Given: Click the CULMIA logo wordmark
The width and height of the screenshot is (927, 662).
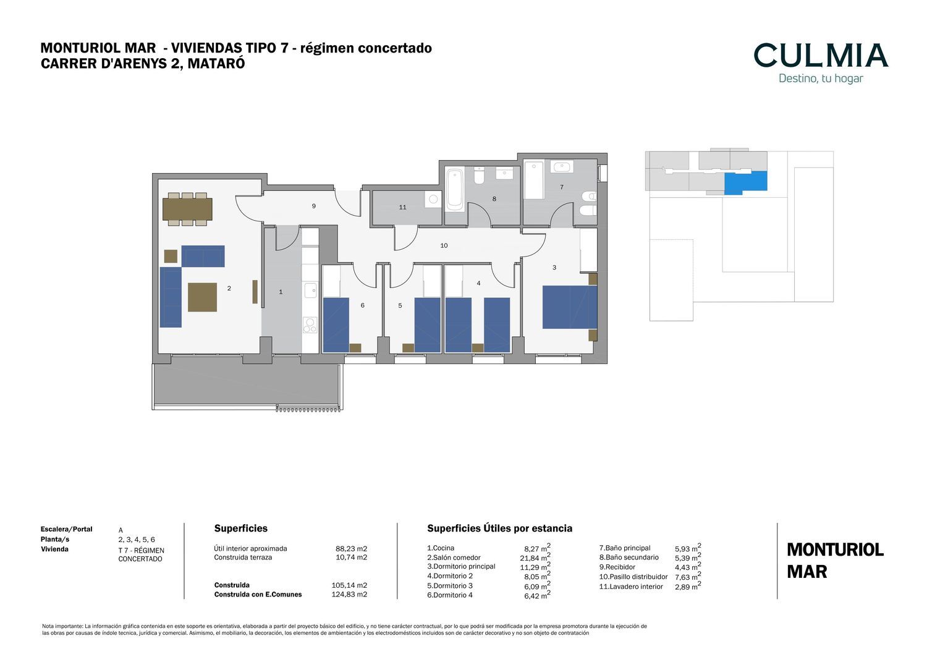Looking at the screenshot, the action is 821,55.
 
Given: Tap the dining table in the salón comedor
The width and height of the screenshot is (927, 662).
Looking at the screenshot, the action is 187,209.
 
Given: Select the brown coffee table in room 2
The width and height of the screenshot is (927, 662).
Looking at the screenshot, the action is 202,297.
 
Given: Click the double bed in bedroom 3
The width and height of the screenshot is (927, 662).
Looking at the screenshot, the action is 570,307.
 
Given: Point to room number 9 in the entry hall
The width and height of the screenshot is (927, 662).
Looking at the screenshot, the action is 314,206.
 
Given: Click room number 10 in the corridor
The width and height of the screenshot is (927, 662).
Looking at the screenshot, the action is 444,245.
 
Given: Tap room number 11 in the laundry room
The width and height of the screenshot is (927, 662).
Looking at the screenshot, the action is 403,207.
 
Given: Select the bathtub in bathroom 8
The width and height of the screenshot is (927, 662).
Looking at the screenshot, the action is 455,190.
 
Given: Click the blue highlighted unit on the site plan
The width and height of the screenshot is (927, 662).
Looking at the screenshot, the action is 745,182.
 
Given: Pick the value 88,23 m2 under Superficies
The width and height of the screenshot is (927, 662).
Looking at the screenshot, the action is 351,548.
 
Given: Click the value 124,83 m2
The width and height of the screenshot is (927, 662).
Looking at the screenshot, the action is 349,594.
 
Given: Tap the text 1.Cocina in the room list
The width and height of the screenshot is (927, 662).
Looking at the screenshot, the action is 440,548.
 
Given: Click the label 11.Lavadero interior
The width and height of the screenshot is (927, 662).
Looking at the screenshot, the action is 631,586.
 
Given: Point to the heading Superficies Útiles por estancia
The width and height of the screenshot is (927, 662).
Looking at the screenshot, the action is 499,528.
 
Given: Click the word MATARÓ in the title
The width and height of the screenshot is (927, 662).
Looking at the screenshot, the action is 216,63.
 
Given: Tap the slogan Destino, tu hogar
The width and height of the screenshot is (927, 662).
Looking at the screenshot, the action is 821,79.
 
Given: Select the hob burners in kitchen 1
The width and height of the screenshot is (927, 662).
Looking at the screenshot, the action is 310,325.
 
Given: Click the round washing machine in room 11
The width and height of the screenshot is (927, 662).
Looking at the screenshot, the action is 433,199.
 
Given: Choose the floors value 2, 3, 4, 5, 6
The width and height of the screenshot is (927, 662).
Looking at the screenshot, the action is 137,540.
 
